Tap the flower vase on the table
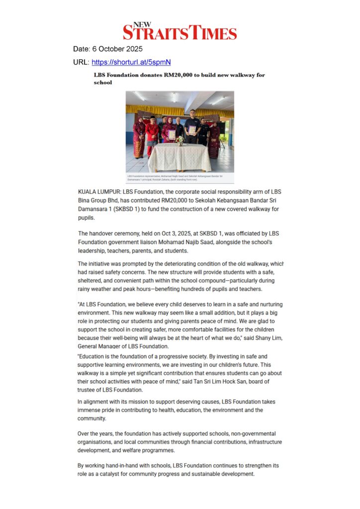(x=180, y=141)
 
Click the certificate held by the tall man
(x=192, y=130)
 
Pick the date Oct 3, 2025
(x=162, y=233)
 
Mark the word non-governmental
(x=250, y=434)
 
